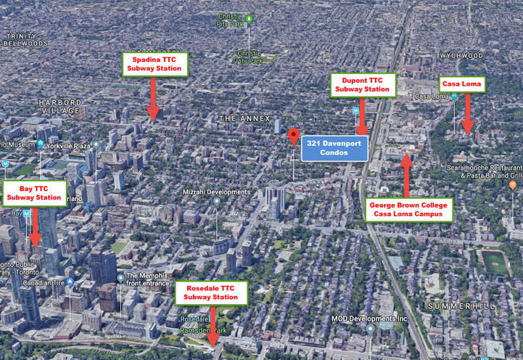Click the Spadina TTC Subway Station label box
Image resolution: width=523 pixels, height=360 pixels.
(155, 64)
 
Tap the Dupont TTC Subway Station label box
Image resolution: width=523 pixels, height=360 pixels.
(363, 85)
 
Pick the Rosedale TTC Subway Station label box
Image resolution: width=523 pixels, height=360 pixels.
(211, 292)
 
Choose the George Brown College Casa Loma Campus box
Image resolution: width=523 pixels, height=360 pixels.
(410, 210)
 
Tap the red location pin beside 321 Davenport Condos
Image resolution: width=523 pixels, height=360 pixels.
(294, 136)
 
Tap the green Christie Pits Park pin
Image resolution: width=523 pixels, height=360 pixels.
(249, 18)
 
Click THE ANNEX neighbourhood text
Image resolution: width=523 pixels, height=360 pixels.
(244, 118)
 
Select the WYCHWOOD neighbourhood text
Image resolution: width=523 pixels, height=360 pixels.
(461, 55)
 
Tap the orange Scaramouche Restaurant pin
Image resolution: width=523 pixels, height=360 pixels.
(513, 186)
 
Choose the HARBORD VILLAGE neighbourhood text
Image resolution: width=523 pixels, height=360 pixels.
(61, 107)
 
